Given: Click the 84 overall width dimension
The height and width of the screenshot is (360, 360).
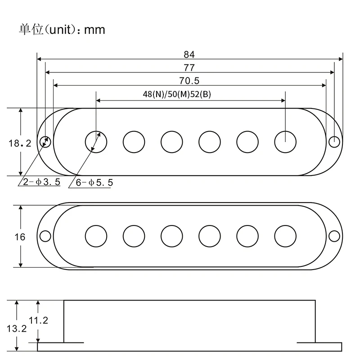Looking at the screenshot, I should click(x=189, y=54).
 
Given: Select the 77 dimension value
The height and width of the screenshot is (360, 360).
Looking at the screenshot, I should click(x=189, y=67).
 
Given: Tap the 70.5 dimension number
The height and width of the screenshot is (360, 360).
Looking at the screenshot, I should click(x=189, y=81).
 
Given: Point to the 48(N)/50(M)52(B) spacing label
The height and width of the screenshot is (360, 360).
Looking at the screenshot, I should click(x=177, y=94).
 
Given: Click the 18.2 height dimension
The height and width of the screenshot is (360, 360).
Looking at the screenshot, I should click(x=19, y=144).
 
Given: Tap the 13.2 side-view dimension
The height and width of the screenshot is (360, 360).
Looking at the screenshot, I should click(x=16, y=328).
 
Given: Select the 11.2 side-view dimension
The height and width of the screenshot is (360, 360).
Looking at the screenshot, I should click(x=38, y=320).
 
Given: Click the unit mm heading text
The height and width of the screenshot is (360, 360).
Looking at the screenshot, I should click(x=62, y=30).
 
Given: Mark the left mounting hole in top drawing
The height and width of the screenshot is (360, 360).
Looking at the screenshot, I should click(x=46, y=141).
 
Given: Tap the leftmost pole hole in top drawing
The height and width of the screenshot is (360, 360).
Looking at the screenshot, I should click(x=96, y=141).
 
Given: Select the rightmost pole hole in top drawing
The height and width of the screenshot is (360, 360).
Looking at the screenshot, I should click(x=285, y=141).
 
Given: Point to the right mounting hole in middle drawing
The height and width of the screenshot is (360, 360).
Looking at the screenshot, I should click(x=334, y=236).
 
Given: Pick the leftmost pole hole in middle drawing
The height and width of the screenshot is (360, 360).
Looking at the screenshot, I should click(x=96, y=236).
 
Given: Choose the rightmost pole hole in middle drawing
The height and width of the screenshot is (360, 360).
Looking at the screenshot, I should click(x=285, y=236).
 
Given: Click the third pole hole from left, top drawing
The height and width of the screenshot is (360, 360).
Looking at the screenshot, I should click(x=172, y=141).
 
